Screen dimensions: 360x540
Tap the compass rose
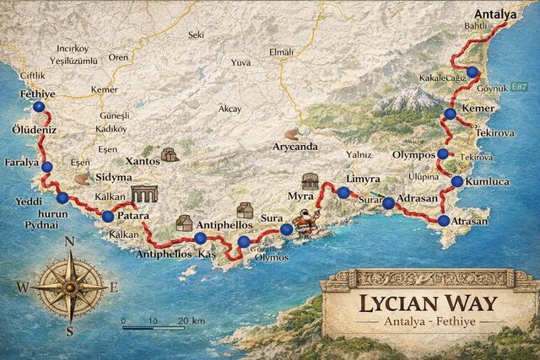[x=70, y=287]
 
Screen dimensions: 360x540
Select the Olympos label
[x=413, y=154]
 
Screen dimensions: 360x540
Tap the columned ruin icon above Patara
[x=144, y=193]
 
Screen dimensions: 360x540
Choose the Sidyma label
[x=114, y=178]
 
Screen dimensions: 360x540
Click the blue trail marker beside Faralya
[x=46, y=167]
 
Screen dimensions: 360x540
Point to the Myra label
[x=300, y=195]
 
